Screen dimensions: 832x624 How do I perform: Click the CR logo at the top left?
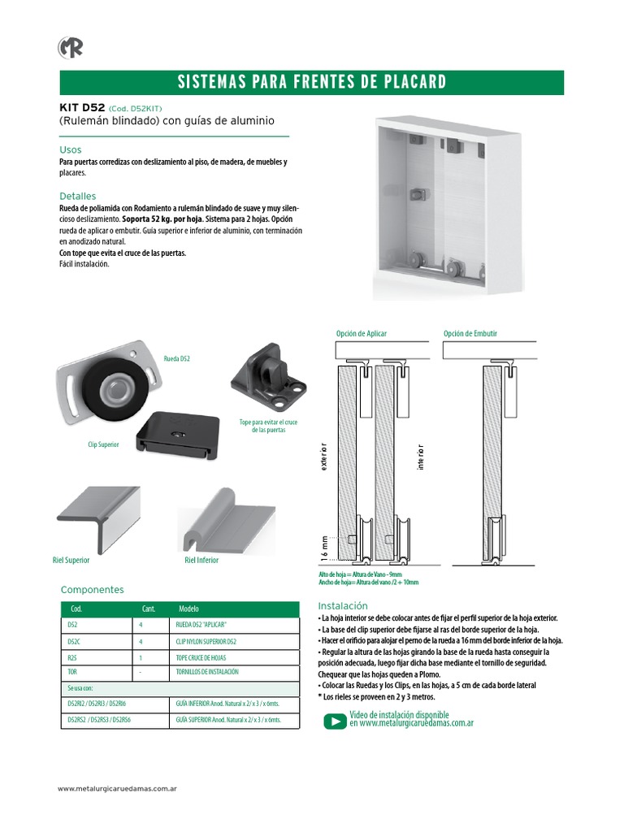pos(71,48)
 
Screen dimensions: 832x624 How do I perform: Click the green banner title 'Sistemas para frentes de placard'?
pos(312,82)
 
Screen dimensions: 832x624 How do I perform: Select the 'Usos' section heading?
pos(71,150)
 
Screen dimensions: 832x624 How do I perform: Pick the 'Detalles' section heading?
pos(78,197)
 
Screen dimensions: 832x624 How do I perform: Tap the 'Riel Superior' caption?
pos(71,561)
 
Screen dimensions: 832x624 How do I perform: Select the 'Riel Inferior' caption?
pos(201,561)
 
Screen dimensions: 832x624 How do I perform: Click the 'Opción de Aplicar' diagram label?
pos(362,334)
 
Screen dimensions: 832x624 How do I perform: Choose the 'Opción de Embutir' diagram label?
pos(470,334)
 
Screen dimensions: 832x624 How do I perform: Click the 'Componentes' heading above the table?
pos(92,590)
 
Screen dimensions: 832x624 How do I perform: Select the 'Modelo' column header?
pos(188,609)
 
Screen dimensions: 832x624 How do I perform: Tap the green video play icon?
pos(335,721)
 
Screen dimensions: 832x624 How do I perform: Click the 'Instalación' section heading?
pos(343,606)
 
